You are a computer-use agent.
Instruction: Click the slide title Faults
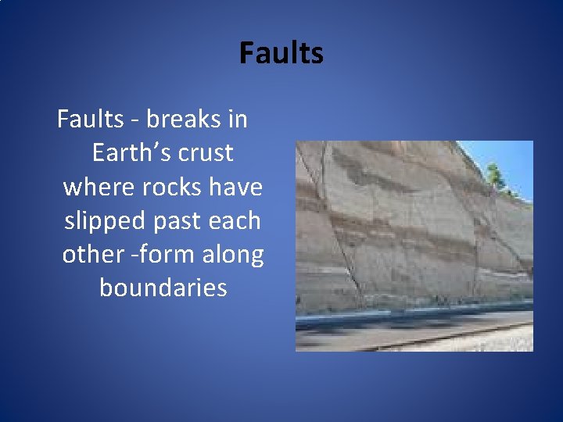point(281,54)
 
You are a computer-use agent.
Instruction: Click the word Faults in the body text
point(91,119)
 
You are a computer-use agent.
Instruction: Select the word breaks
point(185,119)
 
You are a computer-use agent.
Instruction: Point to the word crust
point(206,152)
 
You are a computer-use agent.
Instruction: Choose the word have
point(235,187)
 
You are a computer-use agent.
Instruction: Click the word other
point(91,254)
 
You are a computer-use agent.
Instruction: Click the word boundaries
point(163,288)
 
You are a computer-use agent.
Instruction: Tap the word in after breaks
point(238,119)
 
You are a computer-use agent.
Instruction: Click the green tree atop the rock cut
point(494,175)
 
